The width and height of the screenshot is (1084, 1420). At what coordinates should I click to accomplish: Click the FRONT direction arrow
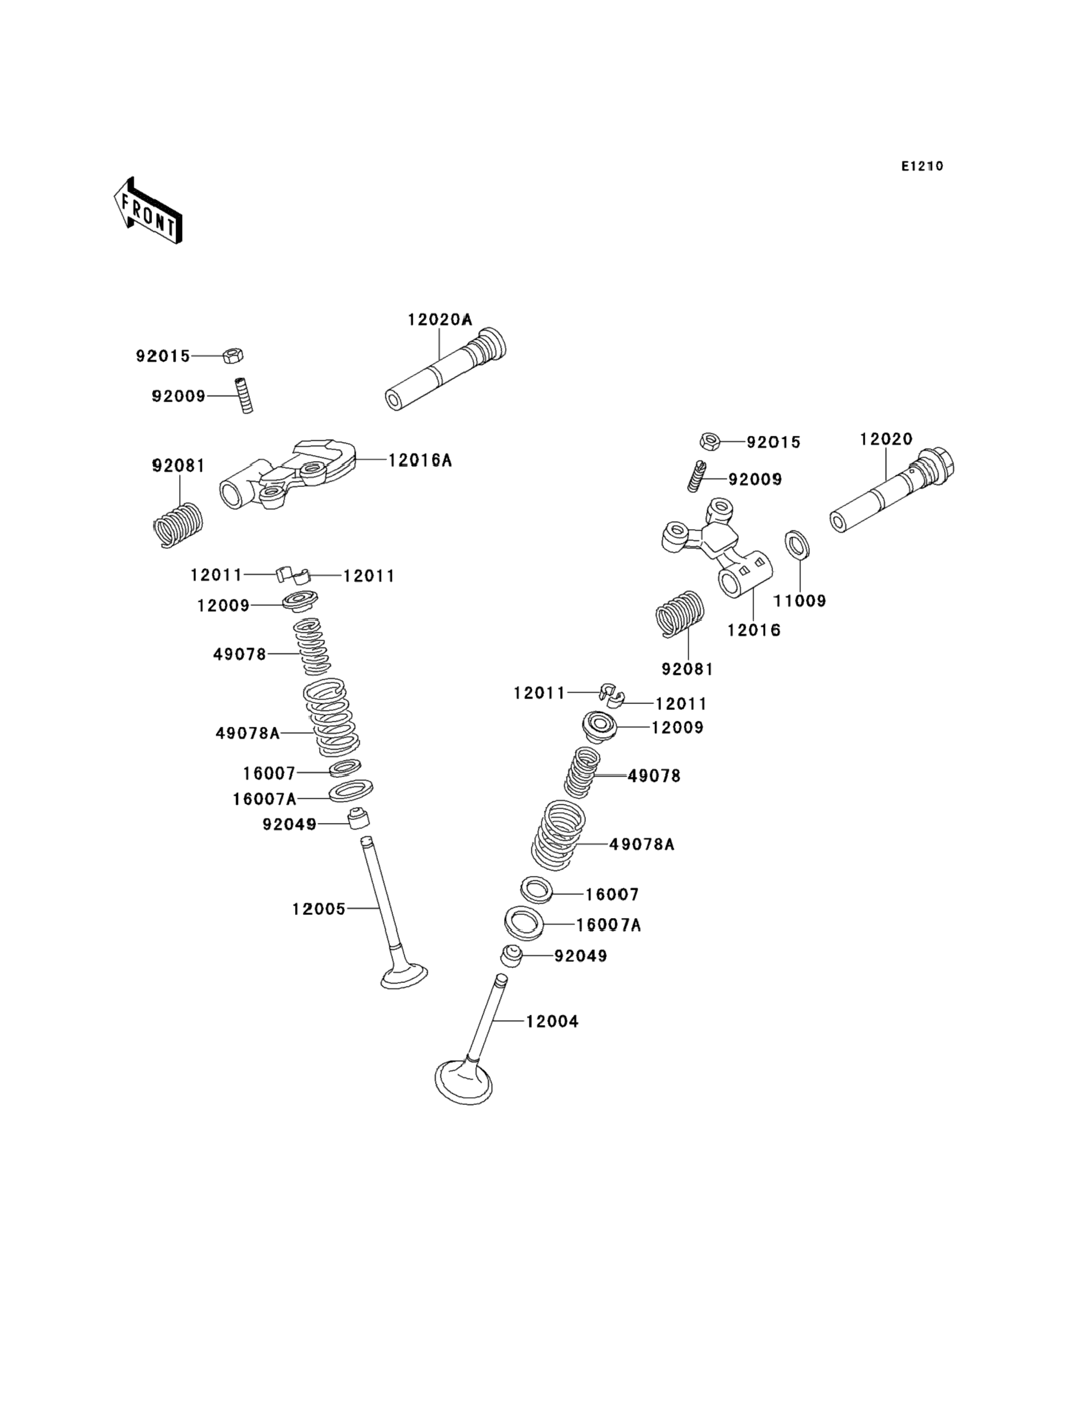click(x=148, y=210)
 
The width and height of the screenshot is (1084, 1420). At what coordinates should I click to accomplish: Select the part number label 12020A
click(x=439, y=319)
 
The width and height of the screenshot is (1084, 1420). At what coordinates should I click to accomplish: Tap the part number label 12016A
click(x=419, y=461)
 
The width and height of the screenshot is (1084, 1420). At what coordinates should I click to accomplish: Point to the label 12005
click(x=318, y=909)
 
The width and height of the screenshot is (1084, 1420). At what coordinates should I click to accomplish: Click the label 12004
click(x=552, y=1021)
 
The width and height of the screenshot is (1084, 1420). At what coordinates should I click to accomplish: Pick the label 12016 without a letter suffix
click(x=754, y=630)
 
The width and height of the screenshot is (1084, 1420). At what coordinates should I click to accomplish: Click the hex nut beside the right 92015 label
click(x=710, y=441)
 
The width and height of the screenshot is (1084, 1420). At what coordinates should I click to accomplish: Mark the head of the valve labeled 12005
click(x=404, y=976)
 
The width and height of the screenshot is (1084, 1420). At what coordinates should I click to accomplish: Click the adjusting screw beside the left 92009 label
click(x=244, y=396)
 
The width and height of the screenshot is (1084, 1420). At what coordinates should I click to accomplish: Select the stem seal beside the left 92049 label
click(x=359, y=818)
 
